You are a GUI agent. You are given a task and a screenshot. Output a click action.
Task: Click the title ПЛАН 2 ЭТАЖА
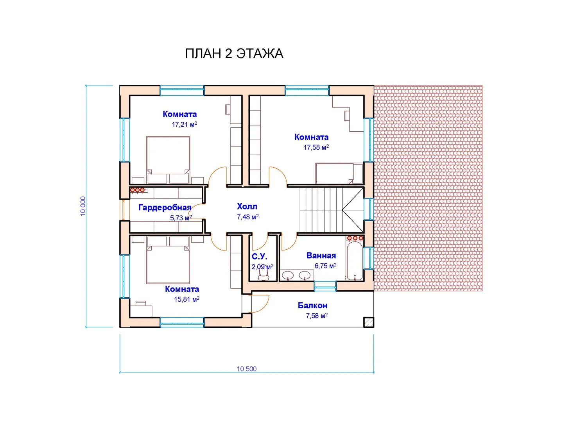pos(234,54)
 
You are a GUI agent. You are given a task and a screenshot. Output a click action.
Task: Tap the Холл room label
pos(247,206)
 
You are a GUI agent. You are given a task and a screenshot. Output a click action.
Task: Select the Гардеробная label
pos(165,207)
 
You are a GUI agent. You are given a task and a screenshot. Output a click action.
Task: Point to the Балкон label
pos(312,305)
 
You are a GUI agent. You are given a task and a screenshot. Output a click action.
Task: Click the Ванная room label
pos(321,256)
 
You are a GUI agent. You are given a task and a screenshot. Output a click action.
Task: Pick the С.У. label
pos(259,256)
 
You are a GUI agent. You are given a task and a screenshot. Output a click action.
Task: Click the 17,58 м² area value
pos(316,147)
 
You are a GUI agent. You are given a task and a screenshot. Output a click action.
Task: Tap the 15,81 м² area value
pos(186,299)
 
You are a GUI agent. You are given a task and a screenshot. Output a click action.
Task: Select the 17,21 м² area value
pos(184,125)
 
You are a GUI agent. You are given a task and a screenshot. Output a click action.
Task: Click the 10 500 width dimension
pos(246,369)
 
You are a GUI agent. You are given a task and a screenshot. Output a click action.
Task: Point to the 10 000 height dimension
pos(83,206)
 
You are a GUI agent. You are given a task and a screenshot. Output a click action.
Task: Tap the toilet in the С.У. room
pos(263,275)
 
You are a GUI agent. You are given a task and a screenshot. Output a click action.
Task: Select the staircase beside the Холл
pos(332,210)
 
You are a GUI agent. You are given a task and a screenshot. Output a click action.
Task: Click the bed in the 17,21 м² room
pos(168,160)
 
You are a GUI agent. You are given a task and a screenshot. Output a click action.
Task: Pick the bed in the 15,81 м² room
pos(168,260)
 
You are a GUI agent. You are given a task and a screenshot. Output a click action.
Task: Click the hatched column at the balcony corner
pos(369,322)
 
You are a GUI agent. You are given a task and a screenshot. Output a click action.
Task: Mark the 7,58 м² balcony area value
pos(317,316)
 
